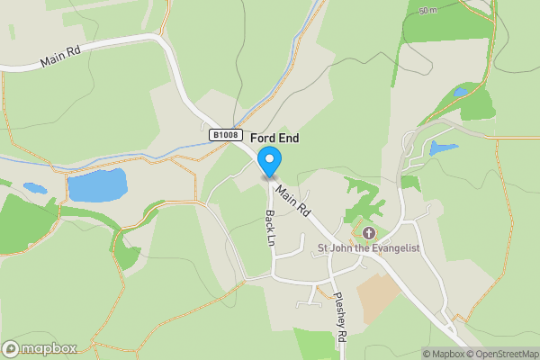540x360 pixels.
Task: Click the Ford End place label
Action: [274, 138]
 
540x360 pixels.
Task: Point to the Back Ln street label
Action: [269, 229]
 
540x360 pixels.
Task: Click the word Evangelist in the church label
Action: [393, 247]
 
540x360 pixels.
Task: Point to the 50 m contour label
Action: [429, 11]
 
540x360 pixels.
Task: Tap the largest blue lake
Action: [97, 186]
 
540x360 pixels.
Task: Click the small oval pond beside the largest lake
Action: [35, 189]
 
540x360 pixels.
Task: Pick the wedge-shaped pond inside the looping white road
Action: [443, 148]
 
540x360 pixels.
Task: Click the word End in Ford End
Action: [289, 138]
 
